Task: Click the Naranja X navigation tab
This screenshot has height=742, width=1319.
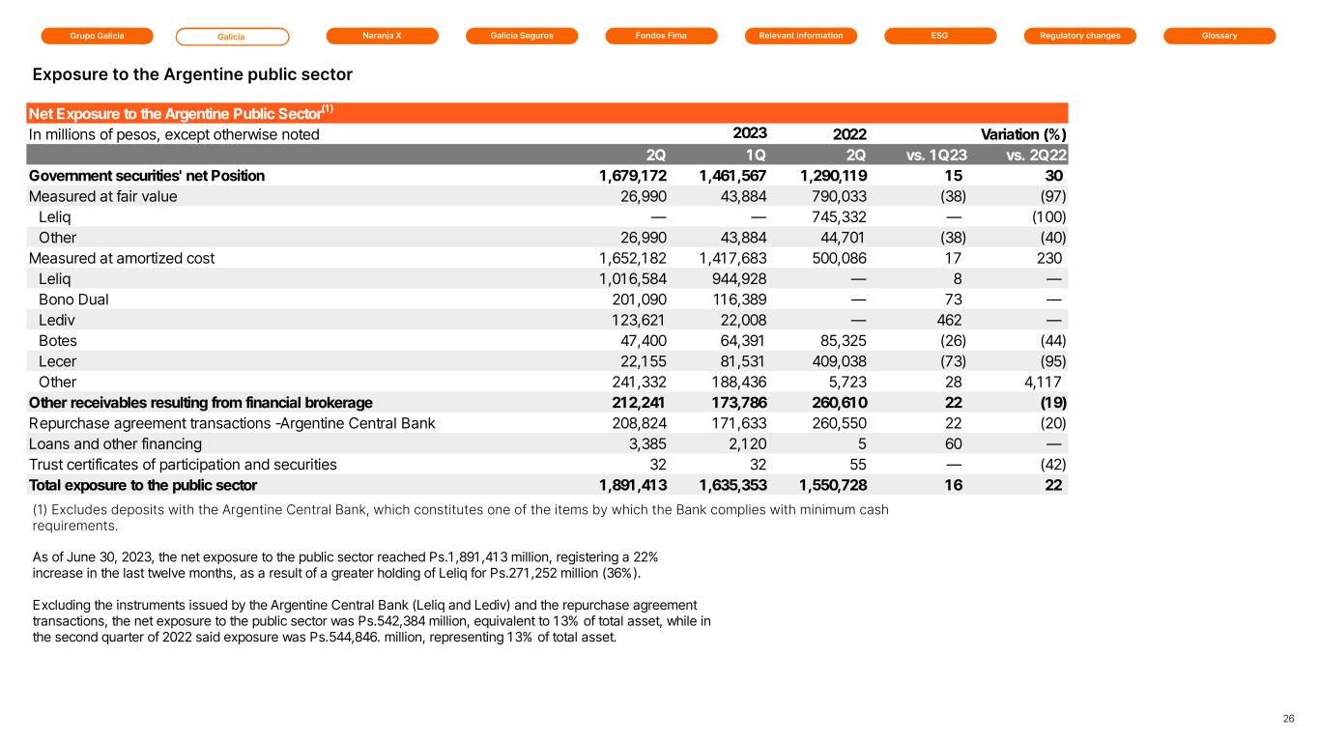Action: (382, 36)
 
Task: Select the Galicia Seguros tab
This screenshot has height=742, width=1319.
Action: (522, 36)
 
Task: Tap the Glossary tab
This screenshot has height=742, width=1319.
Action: (1219, 36)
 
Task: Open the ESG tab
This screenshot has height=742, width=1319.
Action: (940, 36)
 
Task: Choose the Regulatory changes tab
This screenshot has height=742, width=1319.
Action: (1080, 36)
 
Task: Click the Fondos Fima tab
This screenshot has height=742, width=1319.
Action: (661, 36)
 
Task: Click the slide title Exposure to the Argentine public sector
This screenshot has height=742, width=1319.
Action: (192, 74)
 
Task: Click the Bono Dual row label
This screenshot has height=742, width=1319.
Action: (73, 300)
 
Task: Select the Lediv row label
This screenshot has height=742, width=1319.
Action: (57, 320)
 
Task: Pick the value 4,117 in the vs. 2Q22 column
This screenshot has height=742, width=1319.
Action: (1044, 382)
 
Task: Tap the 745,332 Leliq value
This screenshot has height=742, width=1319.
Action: (834, 217)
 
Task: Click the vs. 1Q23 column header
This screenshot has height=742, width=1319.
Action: (933, 155)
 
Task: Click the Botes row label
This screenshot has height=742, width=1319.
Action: (58, 341)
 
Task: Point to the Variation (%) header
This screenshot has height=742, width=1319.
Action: (1024, 134)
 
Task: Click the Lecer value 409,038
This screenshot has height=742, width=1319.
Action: (834, 361)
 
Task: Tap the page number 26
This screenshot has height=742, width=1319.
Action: (1288, 719)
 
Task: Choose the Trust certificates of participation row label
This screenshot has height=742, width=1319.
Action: (183, 465)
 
